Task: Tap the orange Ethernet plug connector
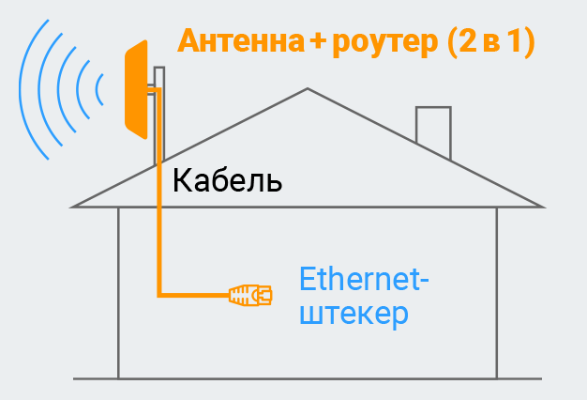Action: (x=250, y=295)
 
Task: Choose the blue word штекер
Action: (x=354, y=314)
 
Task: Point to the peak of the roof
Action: (x=307, y=90)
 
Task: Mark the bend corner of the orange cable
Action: (x=160, y=294)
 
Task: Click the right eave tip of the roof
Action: (x=542, y=206)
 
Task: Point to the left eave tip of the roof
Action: (x=73, y=206)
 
